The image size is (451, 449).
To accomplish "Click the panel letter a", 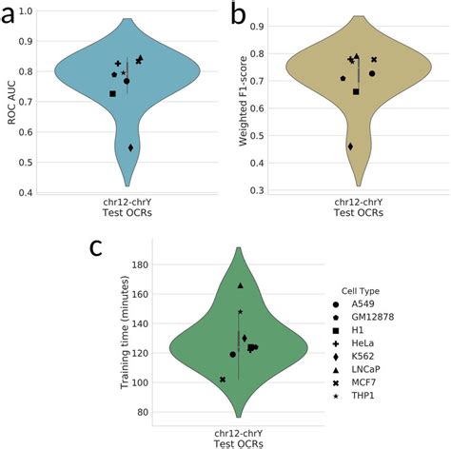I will pos(15,16).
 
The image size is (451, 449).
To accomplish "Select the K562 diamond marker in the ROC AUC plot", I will pos(131,147).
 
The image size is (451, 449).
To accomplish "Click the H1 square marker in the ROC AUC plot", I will pos(113,93).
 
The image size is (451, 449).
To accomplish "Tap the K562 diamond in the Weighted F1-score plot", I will pos(351,146).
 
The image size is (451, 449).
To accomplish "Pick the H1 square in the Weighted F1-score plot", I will pos(356,91).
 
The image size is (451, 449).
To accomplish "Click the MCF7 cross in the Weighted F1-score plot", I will pos(374,60).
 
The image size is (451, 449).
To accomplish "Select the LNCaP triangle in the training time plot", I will pos(240,285).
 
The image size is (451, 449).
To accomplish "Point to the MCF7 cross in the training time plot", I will pos(223,380).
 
